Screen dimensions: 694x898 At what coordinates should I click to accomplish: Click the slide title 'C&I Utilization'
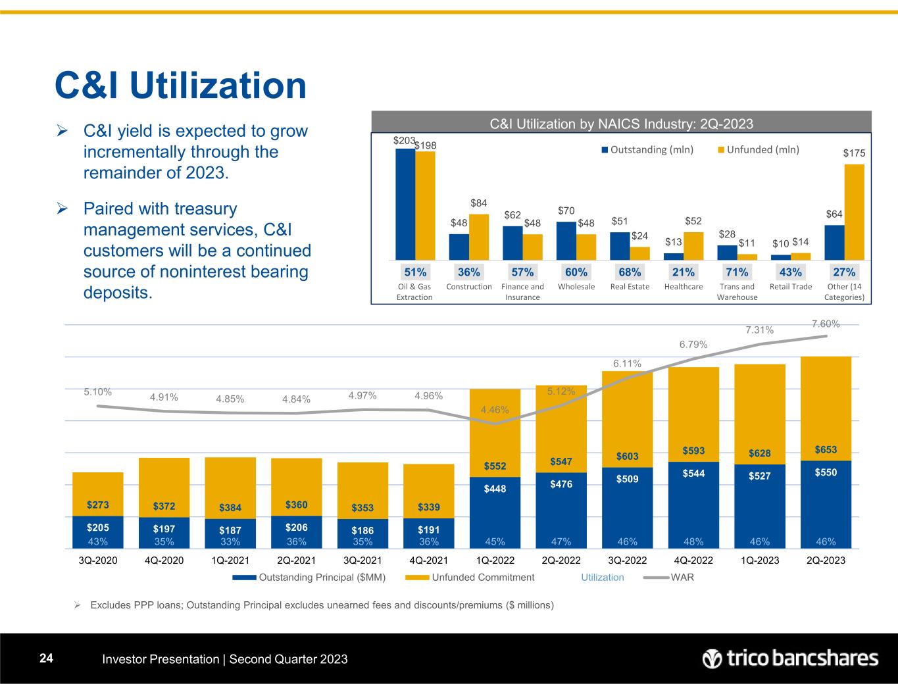(x=180, y=86)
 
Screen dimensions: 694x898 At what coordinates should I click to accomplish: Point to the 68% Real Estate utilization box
(x=630, y=272)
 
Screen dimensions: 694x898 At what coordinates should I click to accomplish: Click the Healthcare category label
(x=684, y=287)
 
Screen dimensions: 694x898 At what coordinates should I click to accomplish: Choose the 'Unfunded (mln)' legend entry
(x=762, y=149)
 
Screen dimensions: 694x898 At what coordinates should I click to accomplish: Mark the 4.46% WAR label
(x=495, y=410)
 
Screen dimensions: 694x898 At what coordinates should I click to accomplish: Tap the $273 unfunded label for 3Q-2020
(x=98, y=505)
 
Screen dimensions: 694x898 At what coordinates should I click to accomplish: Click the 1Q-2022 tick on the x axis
(x=495, y=560)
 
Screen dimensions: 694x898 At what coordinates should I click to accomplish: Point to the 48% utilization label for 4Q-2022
(x=693, y=542)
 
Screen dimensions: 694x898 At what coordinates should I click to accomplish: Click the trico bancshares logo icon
(x=712, y=658)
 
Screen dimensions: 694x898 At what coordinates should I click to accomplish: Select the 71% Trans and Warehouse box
(x=737, y=272)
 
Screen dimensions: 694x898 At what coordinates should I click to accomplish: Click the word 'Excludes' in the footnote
(x=112, y=605)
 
